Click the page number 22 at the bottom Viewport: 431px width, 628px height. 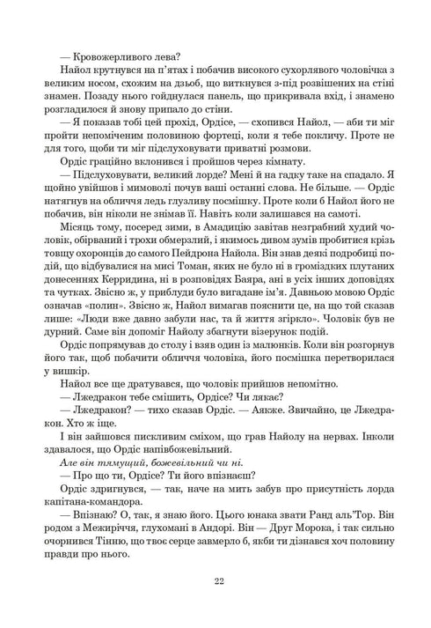point(215,580)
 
